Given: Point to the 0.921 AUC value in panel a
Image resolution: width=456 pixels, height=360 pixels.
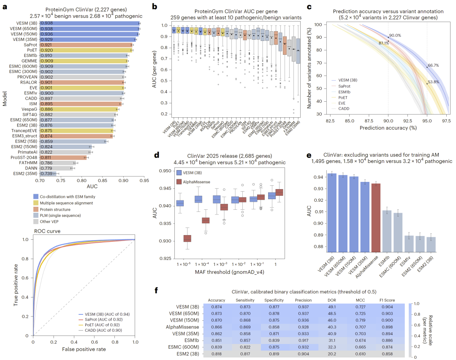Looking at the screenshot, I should pyautogui.click(x=46, y=45).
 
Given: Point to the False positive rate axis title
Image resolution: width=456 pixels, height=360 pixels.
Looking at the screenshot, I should pyautogui.click(x=84, y=349).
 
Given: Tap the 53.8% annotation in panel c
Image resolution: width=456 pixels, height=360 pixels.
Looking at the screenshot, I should pyautogui.click(x=434, y=81).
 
